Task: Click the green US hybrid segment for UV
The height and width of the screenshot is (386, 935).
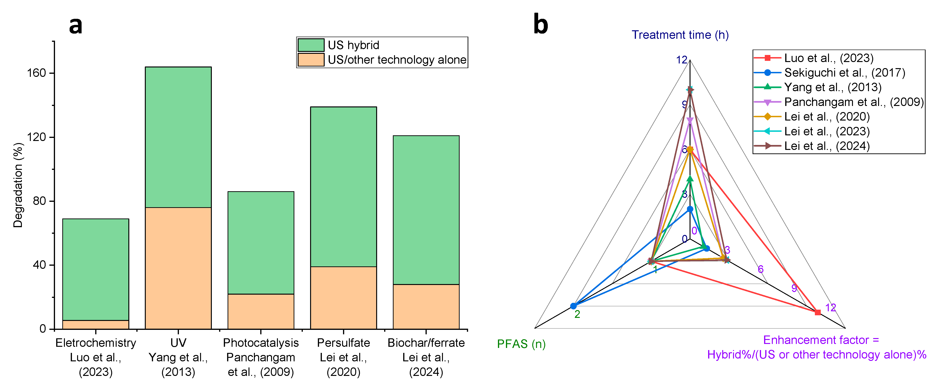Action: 178,137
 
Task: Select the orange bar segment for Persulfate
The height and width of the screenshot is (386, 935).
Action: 343,297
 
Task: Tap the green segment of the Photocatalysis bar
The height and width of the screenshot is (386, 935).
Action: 260,242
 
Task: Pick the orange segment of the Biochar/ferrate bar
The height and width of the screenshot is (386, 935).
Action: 426,307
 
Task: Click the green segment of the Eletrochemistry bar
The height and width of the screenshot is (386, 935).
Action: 95,269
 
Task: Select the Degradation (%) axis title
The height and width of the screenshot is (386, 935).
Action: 18,185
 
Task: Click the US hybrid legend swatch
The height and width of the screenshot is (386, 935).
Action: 311,45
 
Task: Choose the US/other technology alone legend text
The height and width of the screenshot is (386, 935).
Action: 397,60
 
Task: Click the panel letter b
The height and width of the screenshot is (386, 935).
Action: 540,25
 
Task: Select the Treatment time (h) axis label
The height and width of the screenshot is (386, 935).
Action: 680,35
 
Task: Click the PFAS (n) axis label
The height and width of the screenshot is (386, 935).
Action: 521,343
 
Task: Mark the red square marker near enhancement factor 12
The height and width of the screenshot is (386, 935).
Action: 817,312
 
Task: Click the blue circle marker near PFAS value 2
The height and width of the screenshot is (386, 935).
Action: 573,306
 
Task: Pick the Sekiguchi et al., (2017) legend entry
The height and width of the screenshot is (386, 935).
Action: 844,73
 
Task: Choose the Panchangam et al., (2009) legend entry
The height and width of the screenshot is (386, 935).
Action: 854,102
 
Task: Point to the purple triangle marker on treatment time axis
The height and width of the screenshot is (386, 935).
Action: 690,121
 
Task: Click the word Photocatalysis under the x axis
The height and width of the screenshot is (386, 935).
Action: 260,343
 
